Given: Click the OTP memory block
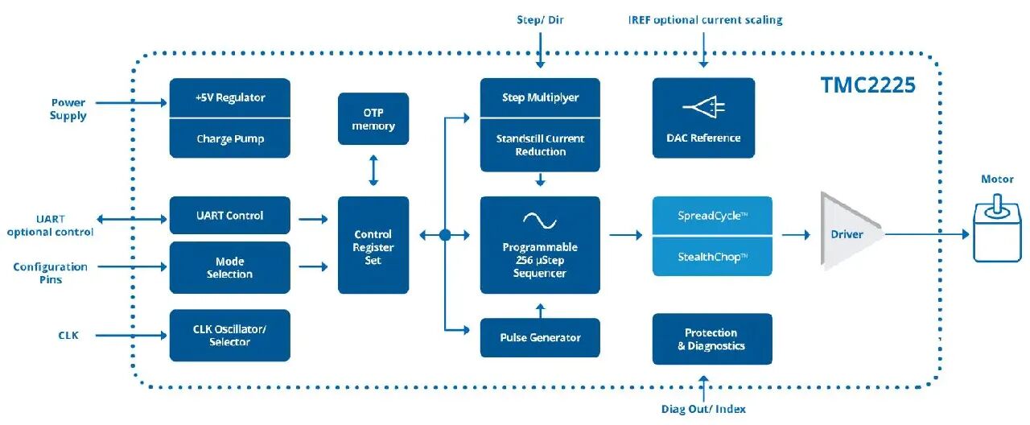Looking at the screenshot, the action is (x=373, y=118).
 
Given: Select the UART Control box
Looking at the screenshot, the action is (x=230, y=215).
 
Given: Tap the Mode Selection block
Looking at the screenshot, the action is (x=230, y=267).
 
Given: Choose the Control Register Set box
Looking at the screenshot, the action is (x=373, y=246).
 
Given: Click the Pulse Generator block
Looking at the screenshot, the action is (x=540, y=337).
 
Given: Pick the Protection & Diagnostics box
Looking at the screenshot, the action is (x=712, y=339).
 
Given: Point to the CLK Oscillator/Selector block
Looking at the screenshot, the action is (x=230, y=336).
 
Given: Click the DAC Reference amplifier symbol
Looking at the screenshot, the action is (x=703, y=107).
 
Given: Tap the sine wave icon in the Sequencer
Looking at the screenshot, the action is (x=540, y=221).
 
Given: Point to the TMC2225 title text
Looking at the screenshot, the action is (x=868, y=85).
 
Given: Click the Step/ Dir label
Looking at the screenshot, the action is (x=540, y=20).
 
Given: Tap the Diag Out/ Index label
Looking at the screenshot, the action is (x=703, y=409).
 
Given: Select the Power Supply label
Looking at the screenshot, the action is (x=68, y=109).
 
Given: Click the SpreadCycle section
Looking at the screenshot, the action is (x=712, y=216).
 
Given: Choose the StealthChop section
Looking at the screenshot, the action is (x=712, y=257).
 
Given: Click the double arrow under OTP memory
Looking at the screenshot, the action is (x=373, y=170).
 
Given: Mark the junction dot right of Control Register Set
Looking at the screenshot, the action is (x=445, y=235).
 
